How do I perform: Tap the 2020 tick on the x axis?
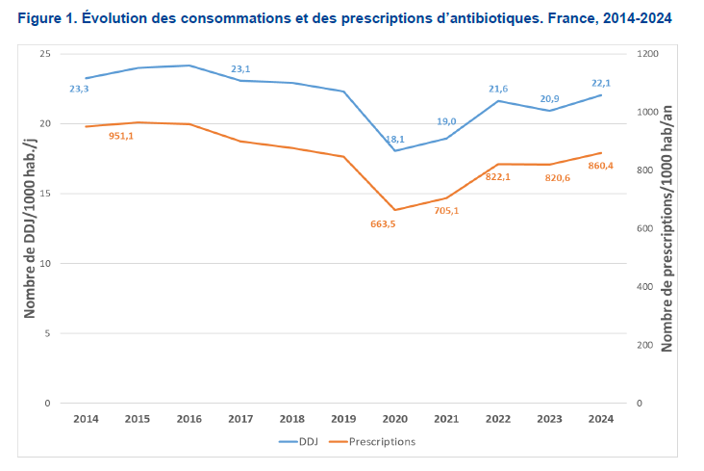(394, 419)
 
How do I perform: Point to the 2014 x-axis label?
(86, 419)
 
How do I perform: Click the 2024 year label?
(601, 419)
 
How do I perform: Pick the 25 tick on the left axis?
(44, 54)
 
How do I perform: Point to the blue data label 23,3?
(80, 90)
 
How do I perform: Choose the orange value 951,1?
(121, 136)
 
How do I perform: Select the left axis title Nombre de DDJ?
(31, 228)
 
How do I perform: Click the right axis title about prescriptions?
(667, 228)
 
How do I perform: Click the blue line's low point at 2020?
(395, 150)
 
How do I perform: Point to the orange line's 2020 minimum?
(395, 210)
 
